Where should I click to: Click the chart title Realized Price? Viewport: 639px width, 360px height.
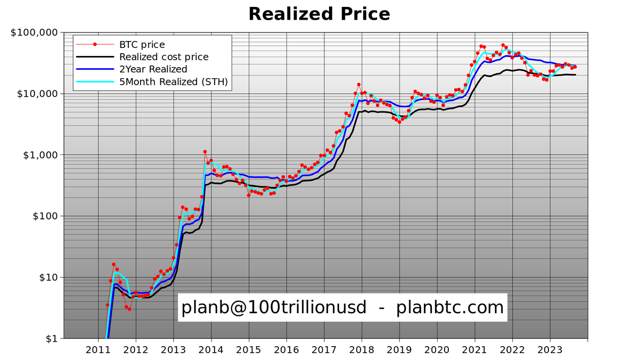click(319, 13)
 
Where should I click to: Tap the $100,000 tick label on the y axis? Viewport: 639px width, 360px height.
click(34, 32)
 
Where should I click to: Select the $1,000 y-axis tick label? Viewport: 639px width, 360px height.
click(40, 155)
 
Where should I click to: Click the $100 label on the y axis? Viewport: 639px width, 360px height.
click(44, 216)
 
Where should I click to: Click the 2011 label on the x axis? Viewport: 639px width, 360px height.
click(98, 350)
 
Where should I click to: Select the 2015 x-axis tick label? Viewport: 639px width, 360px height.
click(249, 350)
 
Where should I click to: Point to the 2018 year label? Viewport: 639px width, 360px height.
click(362, 350)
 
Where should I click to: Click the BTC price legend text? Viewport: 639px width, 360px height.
click(142, 45)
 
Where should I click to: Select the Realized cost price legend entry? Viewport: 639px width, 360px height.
click(163, 57)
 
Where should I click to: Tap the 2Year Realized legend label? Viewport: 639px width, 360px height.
click(153, 69)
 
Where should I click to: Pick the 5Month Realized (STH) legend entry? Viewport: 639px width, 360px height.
click(174, 81)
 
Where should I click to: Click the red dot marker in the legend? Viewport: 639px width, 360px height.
click(95, 44)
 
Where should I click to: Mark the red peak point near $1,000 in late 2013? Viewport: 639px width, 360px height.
click(205, 152)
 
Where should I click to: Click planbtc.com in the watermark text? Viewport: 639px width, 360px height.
click(450, 307)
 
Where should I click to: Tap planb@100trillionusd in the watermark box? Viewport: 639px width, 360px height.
click(274, 307)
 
